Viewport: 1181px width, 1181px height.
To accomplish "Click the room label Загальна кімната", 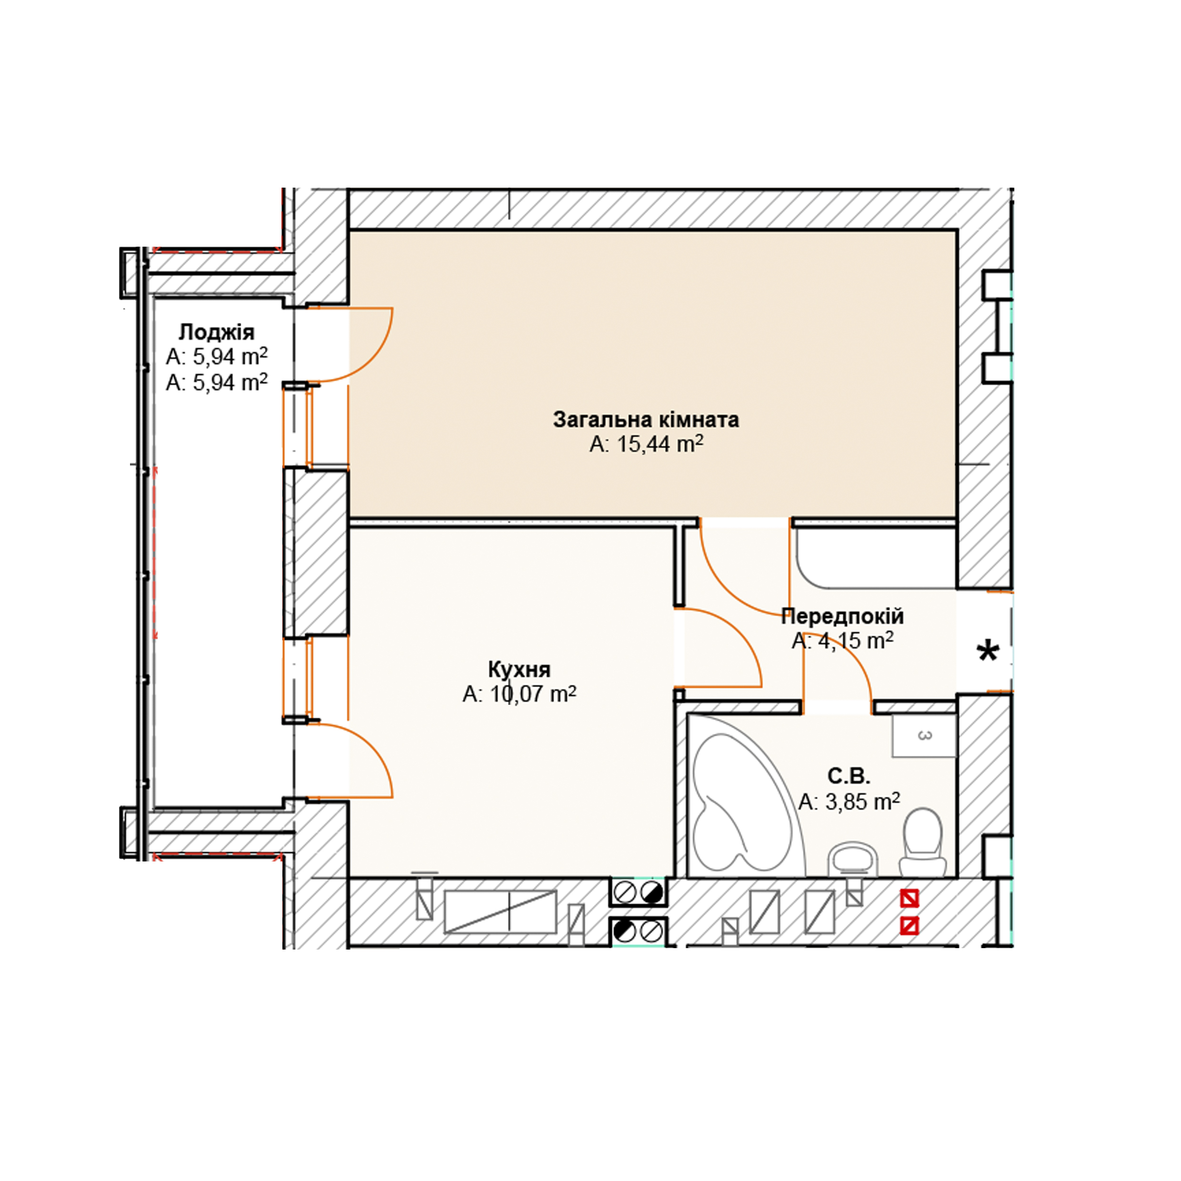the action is pos(646,420).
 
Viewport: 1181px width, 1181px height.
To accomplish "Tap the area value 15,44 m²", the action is pos(659,444).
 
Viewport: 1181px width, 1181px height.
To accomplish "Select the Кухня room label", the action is pos(519,670).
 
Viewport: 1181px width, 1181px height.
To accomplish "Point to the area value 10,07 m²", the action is pos(532,694).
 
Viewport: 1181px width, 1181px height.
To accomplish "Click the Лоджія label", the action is pos(216,332).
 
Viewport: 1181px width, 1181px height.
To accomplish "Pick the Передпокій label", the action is pos(842,616).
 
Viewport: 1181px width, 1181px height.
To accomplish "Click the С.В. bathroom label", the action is pos(849,776).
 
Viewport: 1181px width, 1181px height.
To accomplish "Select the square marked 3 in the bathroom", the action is pos(924,735).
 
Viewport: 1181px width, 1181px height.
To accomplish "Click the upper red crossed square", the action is pos(910,899).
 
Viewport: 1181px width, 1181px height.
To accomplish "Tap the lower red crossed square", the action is pos(910,927).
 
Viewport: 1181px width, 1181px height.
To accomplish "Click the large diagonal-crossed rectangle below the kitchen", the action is pos(500,911).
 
